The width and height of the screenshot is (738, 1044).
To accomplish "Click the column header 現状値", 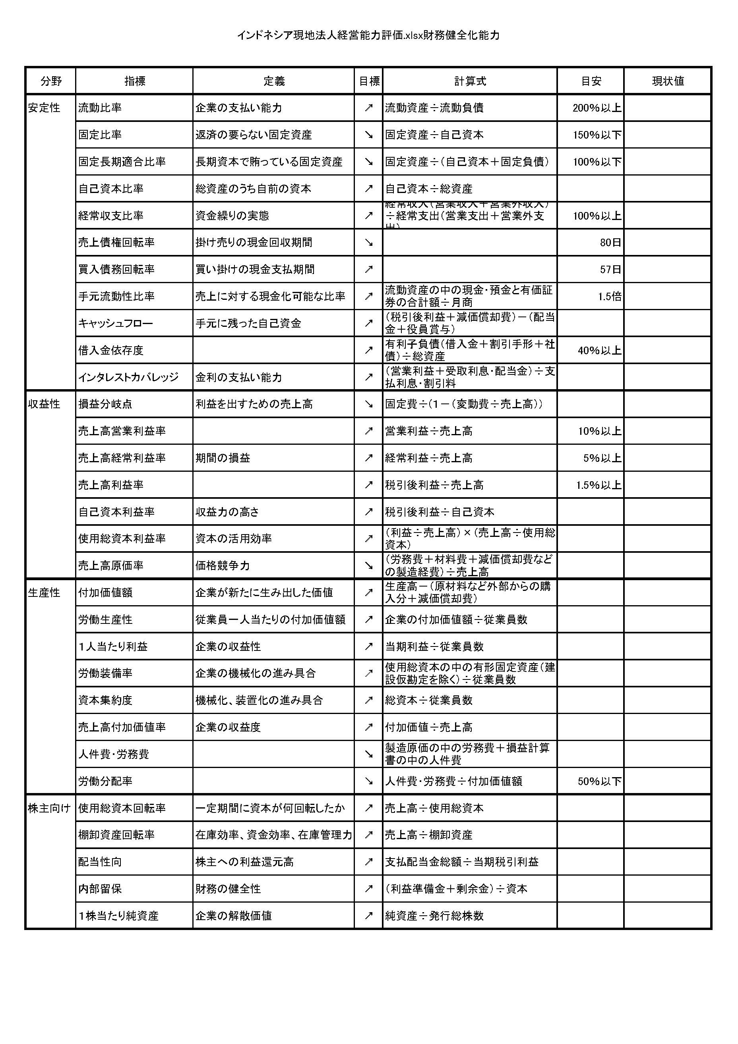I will [x=668, y=81].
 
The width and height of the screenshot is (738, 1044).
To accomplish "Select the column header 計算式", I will [x=470, y=81].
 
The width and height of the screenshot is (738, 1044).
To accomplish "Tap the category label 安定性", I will [x=44, y=108].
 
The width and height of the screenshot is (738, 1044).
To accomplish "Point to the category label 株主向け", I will [x=49, y=808].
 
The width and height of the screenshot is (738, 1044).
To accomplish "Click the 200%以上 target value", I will [x=597, y=108].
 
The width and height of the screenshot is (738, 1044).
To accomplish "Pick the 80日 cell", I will [x=610, y=242].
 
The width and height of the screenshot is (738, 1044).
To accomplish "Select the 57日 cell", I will [x=610, y=269].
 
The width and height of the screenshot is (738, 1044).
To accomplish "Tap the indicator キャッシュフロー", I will [x=116, y=323].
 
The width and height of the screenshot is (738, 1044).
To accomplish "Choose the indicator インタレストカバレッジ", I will [x=128, y=377].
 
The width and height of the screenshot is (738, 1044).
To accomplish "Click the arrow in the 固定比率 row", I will [x=368, y=135].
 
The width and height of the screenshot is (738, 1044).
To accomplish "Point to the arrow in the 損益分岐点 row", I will [x=368, y=404].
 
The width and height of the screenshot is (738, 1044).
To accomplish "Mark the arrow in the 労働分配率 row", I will [x=368, y=781].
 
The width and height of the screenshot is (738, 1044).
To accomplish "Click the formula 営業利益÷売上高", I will [x=428, y=431].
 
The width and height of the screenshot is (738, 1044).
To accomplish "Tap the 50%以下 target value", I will [x=599, y=781].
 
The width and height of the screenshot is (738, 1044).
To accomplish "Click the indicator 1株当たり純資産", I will [x=118, y=916].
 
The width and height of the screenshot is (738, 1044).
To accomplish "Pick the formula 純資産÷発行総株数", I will [x=434, y=916].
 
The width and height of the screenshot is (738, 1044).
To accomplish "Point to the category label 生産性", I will [x=44, y=592].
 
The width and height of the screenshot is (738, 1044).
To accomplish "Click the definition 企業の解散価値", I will [x=233, y=916].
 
